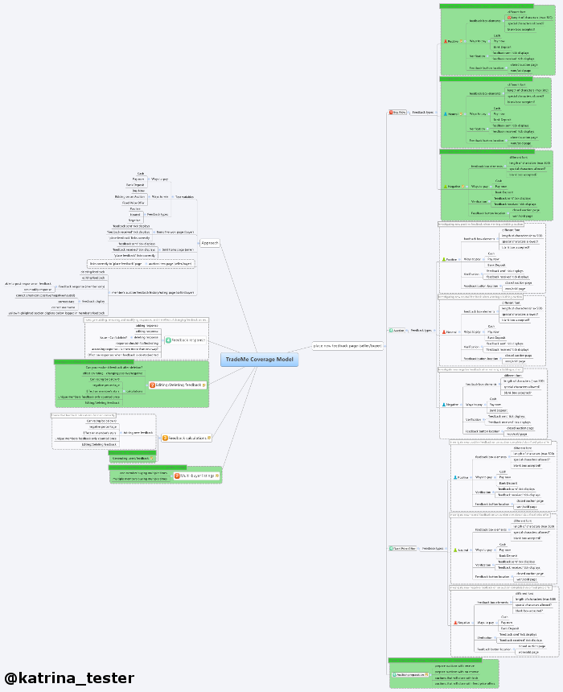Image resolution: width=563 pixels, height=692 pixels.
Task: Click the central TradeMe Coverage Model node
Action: (259, 360)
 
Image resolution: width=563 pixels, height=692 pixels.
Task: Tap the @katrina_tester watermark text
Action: (69, 678)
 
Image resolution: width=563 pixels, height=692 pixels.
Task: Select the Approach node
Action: (210, 243)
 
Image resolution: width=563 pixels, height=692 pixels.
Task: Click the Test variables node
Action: (184, 196)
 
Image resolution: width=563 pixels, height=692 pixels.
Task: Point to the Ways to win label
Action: (159, 196)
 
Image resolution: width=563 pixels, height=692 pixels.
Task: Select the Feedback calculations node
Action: (187, 438)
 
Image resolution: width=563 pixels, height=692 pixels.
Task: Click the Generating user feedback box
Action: (131, 458)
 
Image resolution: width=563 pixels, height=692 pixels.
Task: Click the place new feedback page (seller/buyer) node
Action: (347, 345)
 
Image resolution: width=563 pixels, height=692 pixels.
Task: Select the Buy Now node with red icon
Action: (398, 112)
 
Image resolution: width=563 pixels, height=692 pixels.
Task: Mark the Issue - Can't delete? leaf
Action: (114, 336)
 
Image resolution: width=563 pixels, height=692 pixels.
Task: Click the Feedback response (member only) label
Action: (82, 286)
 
